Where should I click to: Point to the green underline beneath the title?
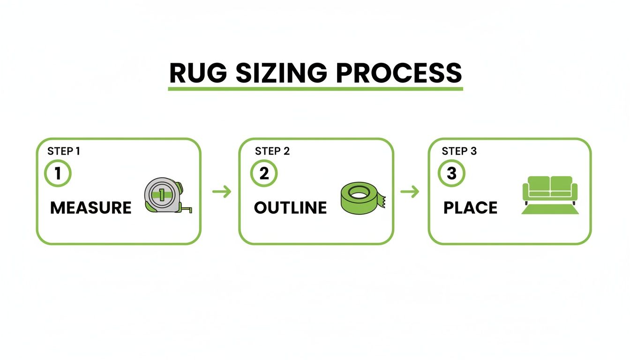tap(315, 88)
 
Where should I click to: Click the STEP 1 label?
tap(64, 151)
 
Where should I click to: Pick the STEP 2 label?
tap(272, 151)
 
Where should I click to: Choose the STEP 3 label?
tap(459, 151)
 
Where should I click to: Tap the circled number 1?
tap(58, 174)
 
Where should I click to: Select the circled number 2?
tap(264, 174)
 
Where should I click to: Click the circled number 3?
tap(451, 174)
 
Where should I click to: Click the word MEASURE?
tap(90, 208)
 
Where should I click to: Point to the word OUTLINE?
tap(290, 208)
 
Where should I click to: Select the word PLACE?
tap(470, 208)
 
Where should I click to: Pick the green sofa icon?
tap(550, 189)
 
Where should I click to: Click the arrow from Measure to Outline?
tap(221, 191)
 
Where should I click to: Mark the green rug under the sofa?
tap(550, 210)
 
